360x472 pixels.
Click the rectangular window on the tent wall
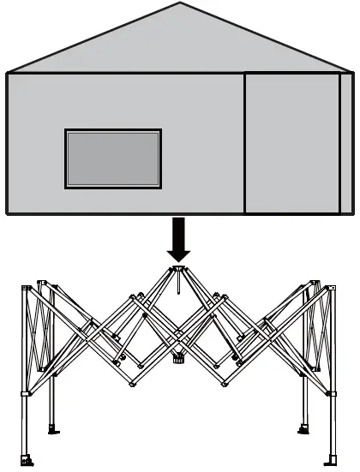[x=112, y=158]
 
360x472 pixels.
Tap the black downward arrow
[x=179, y=239]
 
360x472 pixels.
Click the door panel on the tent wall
[x=291, y=142]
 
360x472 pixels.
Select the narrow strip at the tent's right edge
[x=346, y=142]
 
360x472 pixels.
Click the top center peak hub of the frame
[x=178, y=270]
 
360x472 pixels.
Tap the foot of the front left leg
[x=27, y=463]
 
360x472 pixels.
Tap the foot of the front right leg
[x=332, y=463]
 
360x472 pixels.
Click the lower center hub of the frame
[x=178, y=359]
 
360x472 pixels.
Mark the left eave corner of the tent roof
[x=7, y=73]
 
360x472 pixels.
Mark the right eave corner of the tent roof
[x=352, y=73]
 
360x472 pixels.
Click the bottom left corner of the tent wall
[x=8, y=212]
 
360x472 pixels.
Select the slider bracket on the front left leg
[x=25, y=395]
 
